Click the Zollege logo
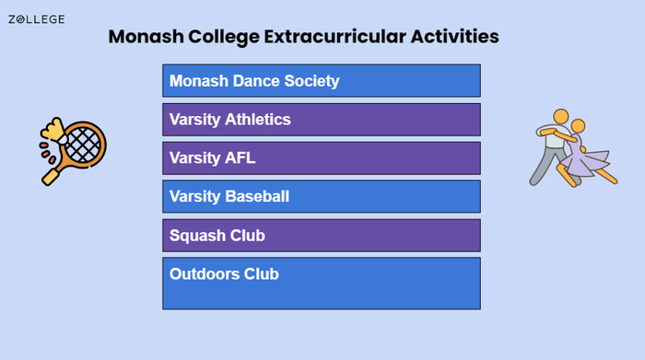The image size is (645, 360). point(36,19)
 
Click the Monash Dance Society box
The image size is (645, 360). point(322,81)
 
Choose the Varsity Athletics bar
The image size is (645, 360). point(322,120)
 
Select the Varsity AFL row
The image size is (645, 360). point(322,158)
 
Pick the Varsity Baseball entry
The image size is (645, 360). point(322,197)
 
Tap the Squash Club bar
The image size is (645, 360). point(322,236)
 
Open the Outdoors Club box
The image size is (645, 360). point(322,283)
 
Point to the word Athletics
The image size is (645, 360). point(257,120)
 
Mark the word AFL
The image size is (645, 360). point(240,158)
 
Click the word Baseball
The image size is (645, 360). point(257,197)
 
